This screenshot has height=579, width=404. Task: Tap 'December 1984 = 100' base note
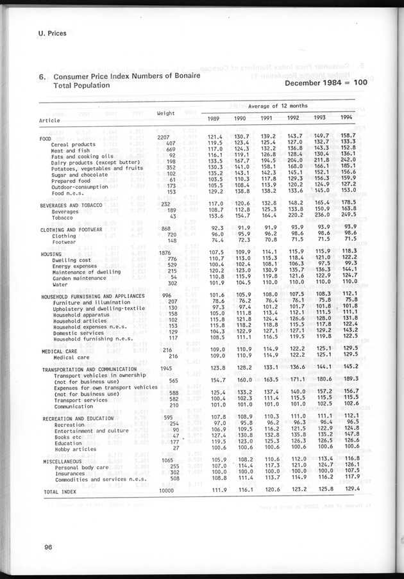pyautogui.click(x=326, y=83)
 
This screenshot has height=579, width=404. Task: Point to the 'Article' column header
pyautogui.click(x=50, y=120)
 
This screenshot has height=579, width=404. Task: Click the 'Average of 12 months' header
pyautogui.click(x=278, y=105)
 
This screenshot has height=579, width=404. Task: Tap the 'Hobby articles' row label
pyautogui.click(x=75, y=448)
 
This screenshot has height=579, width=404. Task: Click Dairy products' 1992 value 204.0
pyautogui.click(x=296, y=161)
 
